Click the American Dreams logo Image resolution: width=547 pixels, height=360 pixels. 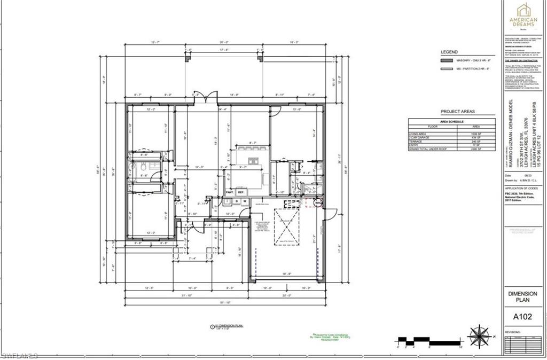524,16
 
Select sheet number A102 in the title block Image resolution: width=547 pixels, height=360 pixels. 524,316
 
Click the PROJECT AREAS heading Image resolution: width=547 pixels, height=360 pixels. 457,112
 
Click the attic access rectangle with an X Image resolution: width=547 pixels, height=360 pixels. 287,227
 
